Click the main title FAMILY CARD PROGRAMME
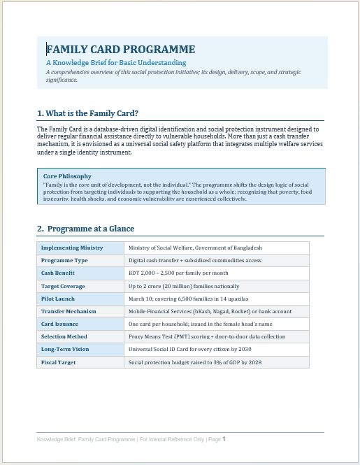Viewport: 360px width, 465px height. click(x=120, y=49)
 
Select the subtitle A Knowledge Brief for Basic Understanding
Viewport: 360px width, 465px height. click(x=111, y=63)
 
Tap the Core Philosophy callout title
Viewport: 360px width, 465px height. click(x=67, y=176)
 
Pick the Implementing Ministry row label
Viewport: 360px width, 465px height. click(x=72, y=248)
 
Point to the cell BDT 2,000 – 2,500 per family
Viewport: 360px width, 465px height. click(x=178, y=273)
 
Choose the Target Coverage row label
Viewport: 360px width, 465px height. click(x=63, y=286)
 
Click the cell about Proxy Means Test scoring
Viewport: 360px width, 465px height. click(x=207, y=336)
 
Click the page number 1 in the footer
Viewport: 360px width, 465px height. click(x=224, y=439)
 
